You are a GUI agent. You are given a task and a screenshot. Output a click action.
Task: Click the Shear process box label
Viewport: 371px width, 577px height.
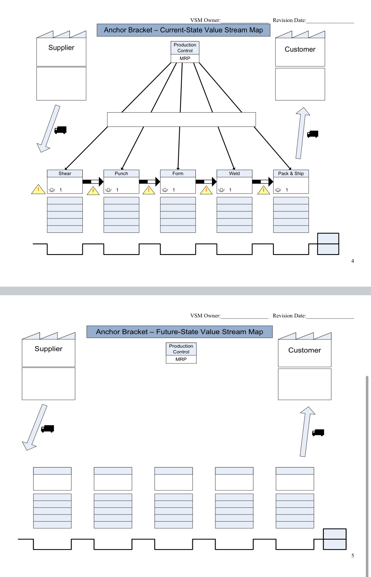pyautogui.click(x=65, y=174)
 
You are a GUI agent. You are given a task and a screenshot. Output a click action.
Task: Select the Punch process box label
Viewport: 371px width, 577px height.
pyautogui.click(x=121, y=174)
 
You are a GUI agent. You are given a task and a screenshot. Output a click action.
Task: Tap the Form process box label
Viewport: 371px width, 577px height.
pyautogui.click(x=178, y=174)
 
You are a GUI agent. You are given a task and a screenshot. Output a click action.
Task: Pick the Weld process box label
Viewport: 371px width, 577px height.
pyautogui.click(x=234, y=174)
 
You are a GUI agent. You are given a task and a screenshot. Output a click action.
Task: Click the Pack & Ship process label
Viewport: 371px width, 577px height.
pyautogui.click(x=291, y=174)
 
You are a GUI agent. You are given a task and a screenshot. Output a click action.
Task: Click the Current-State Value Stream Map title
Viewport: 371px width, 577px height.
pyautogui.click(x=183, y=30)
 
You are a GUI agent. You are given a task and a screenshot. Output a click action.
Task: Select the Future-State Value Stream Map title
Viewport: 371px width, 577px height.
pyautogui.click(x=179, y=332)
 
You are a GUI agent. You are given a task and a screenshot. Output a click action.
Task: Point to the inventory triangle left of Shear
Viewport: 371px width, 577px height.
pyautogui.click(x=38, y=190)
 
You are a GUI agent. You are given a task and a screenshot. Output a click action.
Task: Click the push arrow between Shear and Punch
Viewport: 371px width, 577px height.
pyautogui.click(x=93, y=182)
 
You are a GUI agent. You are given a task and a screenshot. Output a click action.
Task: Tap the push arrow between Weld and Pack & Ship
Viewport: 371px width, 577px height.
pyautogui.click(x=263, y=182)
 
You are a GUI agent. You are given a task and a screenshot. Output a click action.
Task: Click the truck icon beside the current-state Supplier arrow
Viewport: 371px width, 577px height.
pyautogui.click(x=61, y=130)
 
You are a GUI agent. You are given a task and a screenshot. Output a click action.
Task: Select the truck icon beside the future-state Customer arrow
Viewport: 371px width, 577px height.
pyautogui.click(x=318, y=433)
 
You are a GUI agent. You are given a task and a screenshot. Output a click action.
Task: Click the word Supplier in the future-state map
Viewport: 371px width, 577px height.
pyautogui.click(x=49, y=349)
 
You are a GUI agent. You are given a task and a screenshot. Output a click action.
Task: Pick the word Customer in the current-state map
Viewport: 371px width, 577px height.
pyautogui.click(x=300, y=49)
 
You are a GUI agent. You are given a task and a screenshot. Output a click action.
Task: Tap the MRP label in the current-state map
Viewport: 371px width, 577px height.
pyautogui.click(x=185, y=58)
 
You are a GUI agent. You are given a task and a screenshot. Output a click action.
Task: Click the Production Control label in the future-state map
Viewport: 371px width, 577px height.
pyautogui.click(x=181, y=349)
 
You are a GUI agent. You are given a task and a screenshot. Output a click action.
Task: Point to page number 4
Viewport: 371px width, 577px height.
pyautogui.click(x=353, y=261)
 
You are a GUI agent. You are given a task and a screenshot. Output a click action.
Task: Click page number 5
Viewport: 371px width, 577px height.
pyautogui.click(x=353, y=556)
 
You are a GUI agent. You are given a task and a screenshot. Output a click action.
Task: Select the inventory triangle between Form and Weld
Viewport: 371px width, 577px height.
pyautogui.click(x=206, y=191)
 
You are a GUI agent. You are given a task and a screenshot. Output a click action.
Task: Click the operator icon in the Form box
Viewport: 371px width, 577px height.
pyautogui.click(x=165, y=190)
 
